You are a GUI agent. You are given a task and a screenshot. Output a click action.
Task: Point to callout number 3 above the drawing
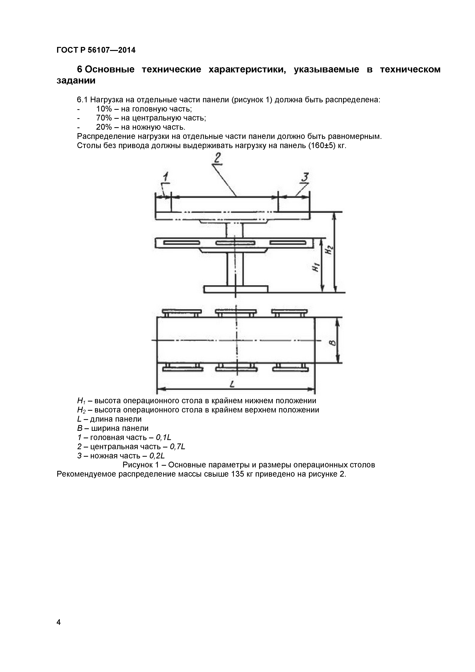click(305, 177)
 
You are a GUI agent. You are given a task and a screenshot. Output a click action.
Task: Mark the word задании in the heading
click(76, 80)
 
